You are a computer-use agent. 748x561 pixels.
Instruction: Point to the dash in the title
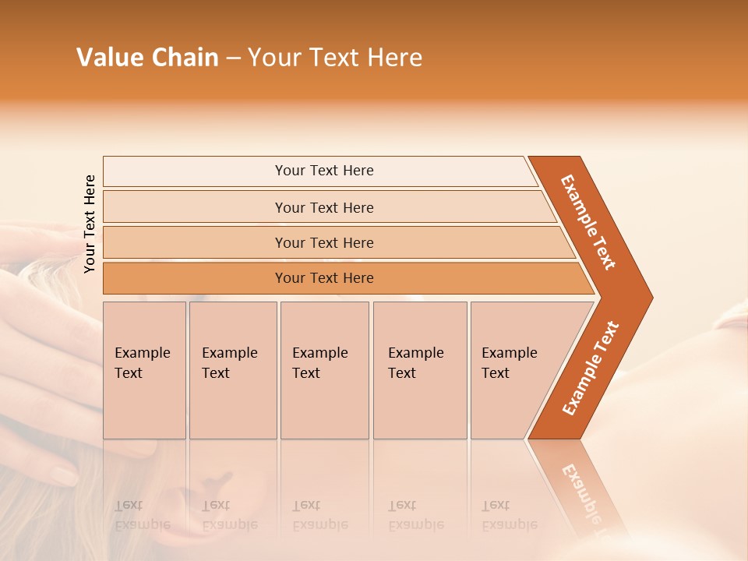233,58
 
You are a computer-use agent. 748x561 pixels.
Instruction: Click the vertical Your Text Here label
90,224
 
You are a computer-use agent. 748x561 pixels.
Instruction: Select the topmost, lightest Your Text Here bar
323,171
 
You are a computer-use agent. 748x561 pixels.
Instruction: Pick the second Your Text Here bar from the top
323,207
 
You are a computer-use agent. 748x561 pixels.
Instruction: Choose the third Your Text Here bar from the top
323,242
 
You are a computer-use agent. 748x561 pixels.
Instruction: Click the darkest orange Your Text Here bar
323,278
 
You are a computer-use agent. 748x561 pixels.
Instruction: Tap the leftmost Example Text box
144,370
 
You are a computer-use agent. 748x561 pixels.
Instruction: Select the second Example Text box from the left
233,370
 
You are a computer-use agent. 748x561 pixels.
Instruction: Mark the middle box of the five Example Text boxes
324,370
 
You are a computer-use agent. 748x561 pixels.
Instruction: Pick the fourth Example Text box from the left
420,370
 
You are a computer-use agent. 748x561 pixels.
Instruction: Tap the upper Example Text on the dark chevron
588,222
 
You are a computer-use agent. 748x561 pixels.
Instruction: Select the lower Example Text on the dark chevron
591,369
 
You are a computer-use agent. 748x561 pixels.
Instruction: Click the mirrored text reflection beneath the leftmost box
142,515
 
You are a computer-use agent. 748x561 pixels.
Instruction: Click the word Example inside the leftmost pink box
142,353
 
